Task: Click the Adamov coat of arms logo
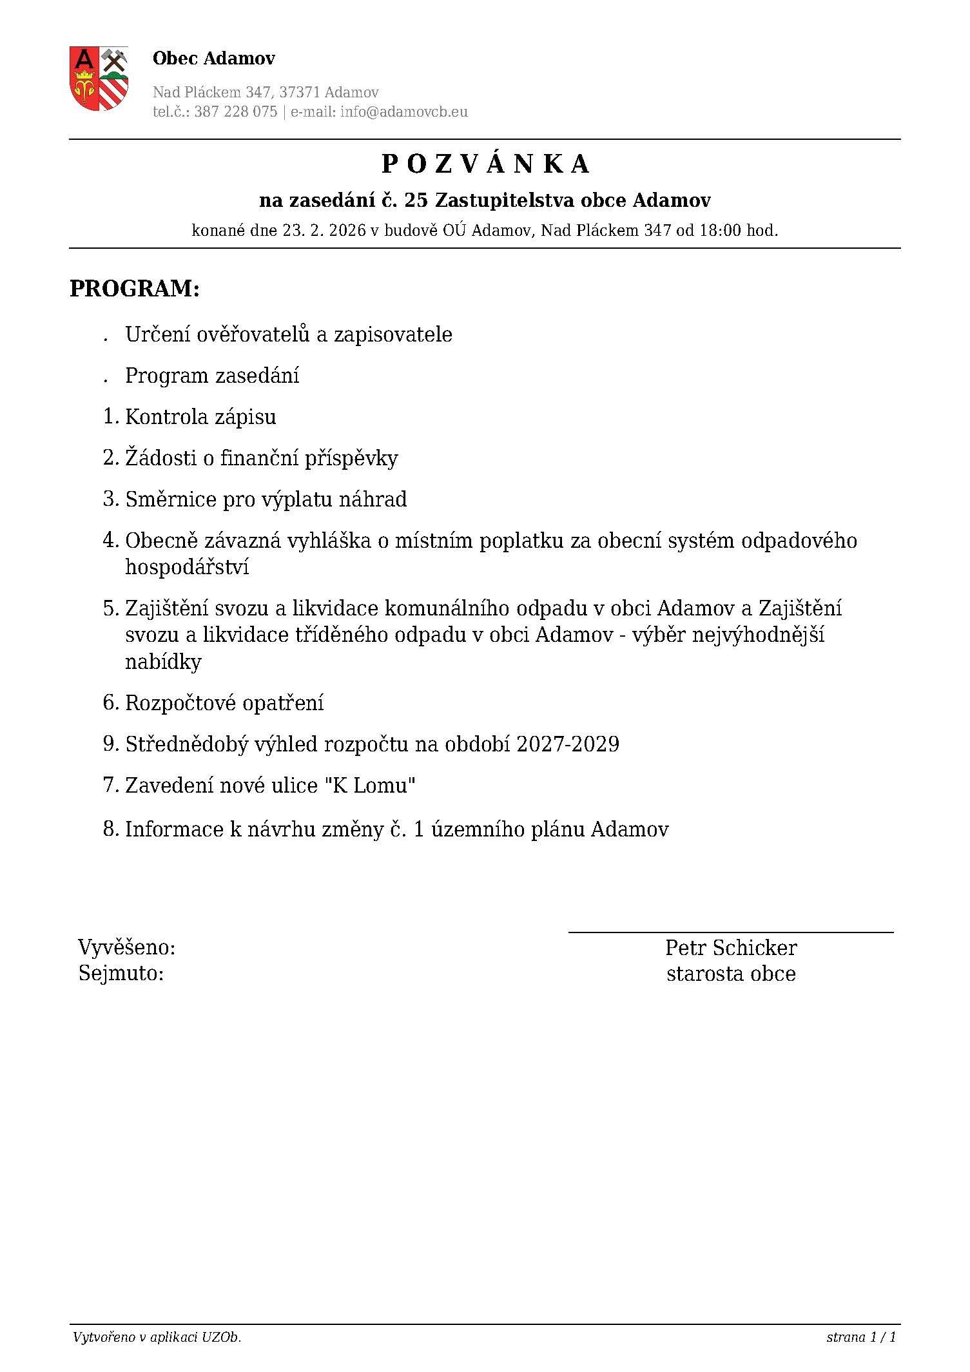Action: [99, 78]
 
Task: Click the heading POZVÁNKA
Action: [485, 164]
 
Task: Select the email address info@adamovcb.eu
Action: [404, 111]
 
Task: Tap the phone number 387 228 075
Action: [235, 111]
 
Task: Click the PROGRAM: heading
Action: [135, 289]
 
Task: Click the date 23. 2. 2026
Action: [324, 230]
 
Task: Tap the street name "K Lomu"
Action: [370, 786]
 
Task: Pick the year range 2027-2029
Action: [567, 744]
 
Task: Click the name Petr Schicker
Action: [731, 948]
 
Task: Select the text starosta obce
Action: [731, 974]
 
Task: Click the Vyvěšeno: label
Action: [127, 948]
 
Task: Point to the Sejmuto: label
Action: [121, 974]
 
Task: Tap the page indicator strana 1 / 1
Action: [861, 1337]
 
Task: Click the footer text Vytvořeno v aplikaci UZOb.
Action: [157, 1337]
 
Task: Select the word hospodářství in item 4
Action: [187, 568]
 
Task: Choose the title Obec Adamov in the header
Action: [214, 59]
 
